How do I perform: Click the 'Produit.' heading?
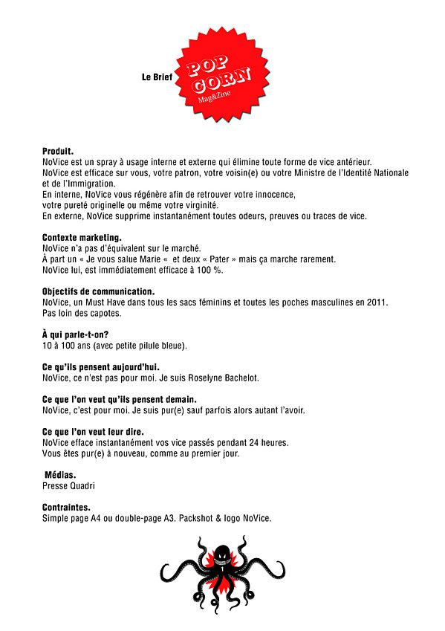pyautogui.click(x=59, y=150)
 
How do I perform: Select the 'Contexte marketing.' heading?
pyautogui.click(x=82, y=238)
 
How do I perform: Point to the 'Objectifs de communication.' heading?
pyautogui.click(x=99, y=291)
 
